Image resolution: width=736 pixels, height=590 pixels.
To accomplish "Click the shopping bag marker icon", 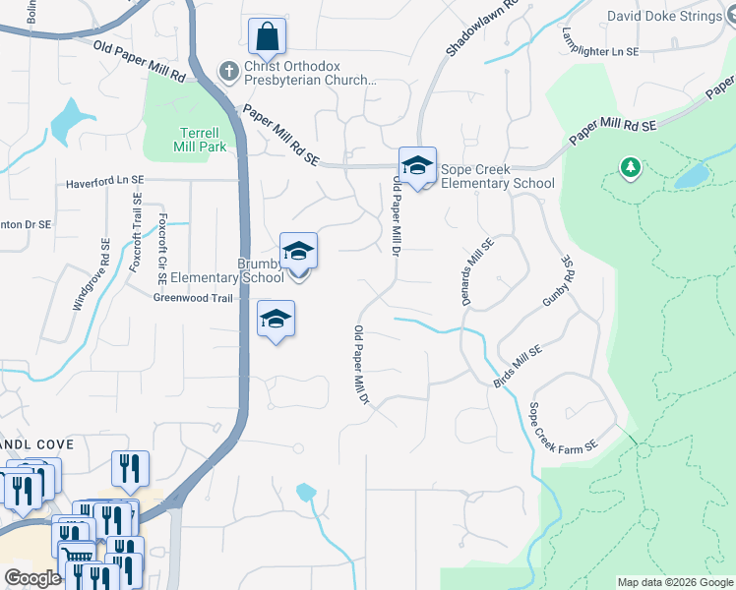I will [x=267, y=38].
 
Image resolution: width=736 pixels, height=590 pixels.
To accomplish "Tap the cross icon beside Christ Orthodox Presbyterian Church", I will [x=227, y=71].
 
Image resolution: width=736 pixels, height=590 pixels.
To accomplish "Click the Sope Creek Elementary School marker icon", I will [x=417, y=166].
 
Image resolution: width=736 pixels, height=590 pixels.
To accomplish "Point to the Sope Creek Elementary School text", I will [x=497, y=176].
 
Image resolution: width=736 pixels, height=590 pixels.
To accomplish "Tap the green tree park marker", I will [x=630, y=168].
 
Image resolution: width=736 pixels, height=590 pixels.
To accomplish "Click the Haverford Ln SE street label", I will [x=105, y=182].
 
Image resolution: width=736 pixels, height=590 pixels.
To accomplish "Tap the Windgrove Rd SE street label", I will [x=91, y=275].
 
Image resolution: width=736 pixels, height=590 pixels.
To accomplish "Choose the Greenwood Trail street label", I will [x=193, y=298].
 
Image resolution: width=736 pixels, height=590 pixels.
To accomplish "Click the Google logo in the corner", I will [x=31, y=578].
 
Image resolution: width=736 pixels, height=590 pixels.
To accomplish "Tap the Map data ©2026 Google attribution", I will [x=674, y=582].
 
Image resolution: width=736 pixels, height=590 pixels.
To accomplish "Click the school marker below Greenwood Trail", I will [x=276, y=320].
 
